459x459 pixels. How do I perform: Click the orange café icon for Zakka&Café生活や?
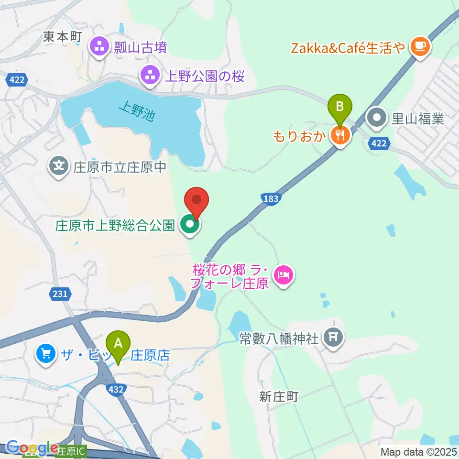[420, 46]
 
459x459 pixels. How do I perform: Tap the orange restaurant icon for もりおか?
[340, 136]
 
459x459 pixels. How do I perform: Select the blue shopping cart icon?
[46, 354]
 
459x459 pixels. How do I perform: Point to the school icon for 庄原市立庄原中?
[59, 167]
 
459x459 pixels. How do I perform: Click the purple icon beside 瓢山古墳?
[99, 47]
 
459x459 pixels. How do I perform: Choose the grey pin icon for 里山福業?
[377, 118]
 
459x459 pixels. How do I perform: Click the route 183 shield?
[271, 199]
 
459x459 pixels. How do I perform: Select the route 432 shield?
[116, 389]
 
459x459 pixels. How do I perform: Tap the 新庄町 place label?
[279, 396]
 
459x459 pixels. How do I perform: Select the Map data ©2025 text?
[418, 451]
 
